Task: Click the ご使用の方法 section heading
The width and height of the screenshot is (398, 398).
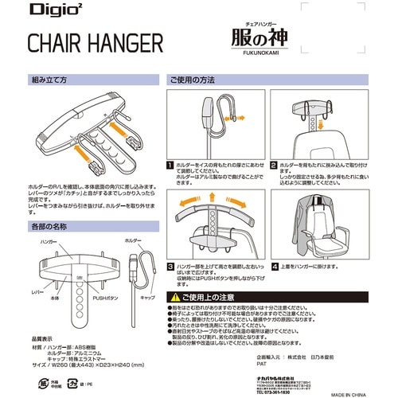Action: tap(193, 80)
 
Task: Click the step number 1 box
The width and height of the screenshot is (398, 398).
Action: tap(169, 166)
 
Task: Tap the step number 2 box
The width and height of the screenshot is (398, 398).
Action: tap(273, 166)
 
